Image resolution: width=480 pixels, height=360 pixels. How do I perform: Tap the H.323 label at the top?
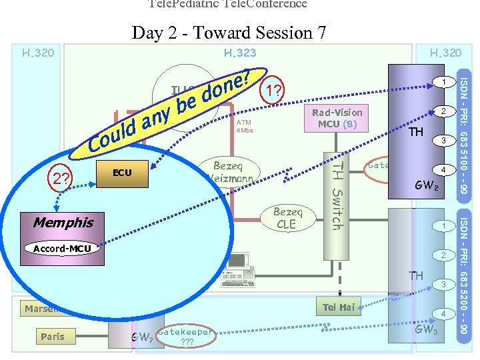240,53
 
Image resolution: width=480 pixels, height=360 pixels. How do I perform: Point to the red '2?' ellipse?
64,178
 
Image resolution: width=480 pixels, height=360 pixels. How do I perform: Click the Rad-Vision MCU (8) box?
337,118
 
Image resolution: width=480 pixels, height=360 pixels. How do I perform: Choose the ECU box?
122,173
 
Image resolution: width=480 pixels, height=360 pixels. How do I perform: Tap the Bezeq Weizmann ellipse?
227,172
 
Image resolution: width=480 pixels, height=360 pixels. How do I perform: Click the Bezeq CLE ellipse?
287,218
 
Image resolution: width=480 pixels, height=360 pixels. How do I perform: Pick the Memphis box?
63,222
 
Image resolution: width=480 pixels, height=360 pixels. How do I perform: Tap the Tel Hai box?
338,307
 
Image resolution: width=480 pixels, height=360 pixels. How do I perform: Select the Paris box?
52,337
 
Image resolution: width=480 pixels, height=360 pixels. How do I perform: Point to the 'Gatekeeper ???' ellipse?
186,337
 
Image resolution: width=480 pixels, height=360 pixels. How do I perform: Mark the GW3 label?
426,329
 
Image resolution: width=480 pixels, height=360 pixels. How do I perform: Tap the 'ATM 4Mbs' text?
244,126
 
